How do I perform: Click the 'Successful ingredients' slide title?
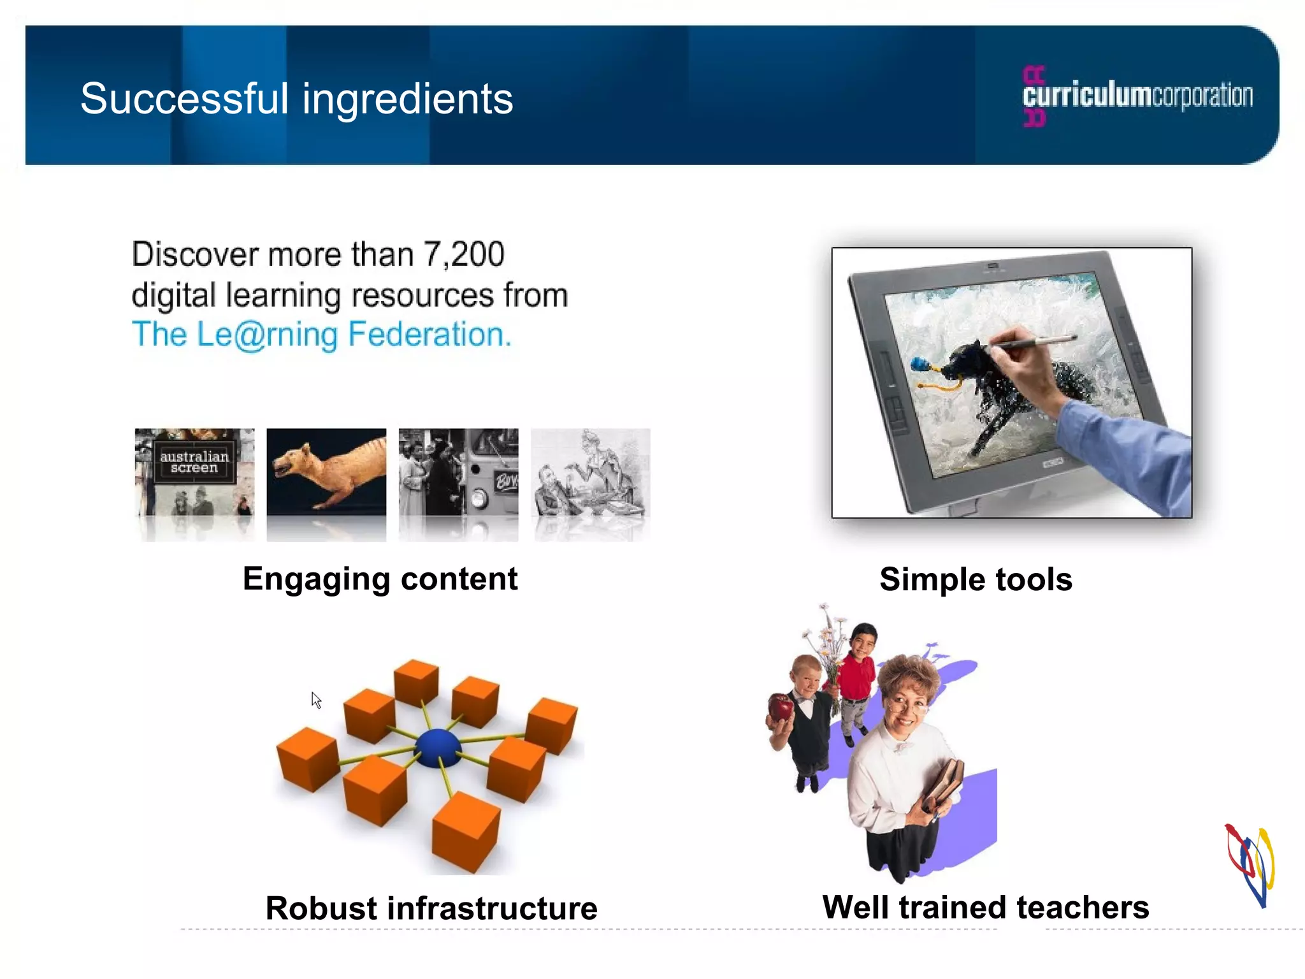[296, 99]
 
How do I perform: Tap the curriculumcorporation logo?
[1137, 96]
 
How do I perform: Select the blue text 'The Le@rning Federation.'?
[321, 335]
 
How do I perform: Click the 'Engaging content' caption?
[380, 579]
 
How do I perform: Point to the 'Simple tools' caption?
[976, 579]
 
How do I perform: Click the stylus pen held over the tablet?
[1032, 342]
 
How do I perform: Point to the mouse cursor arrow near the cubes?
[316, 700]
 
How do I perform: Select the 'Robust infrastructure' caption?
[431, 908]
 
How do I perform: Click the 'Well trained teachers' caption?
[985, 907]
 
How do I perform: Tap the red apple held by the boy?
[781, 707]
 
